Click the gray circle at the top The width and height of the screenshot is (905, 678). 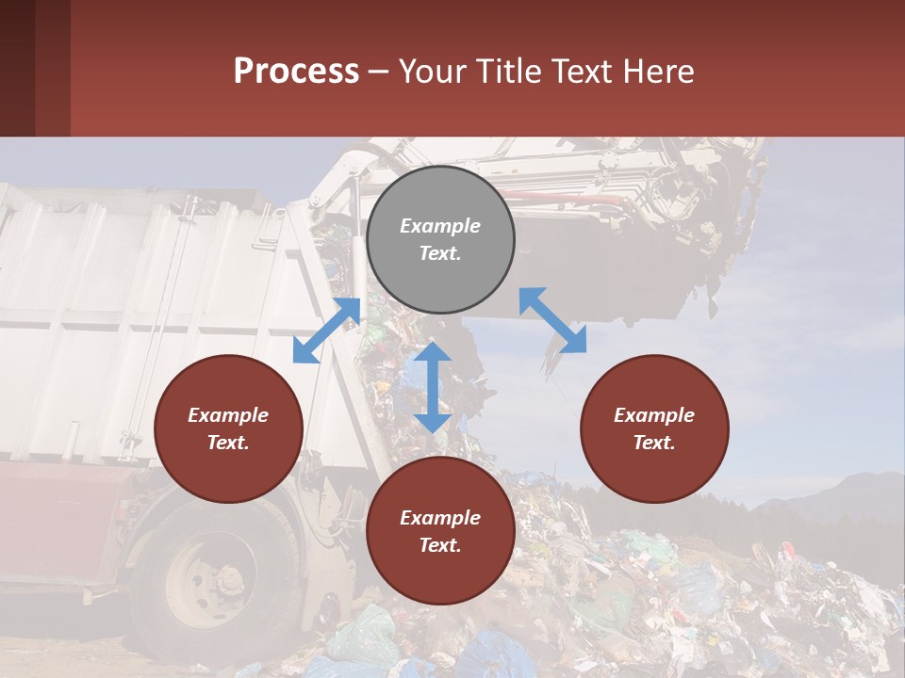440,239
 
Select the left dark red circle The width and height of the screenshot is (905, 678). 228,428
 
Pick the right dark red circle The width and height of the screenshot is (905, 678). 654,428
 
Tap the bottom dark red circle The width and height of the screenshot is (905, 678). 440,531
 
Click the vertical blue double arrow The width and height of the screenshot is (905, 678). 433,387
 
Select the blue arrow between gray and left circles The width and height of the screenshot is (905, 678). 327,330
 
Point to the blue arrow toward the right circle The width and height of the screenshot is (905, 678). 552,320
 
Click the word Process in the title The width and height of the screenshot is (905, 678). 296,71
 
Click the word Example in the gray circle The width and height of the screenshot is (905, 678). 440,226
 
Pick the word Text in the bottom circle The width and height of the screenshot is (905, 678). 439,545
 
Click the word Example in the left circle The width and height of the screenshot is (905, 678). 228,415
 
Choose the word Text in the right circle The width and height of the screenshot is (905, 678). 653,443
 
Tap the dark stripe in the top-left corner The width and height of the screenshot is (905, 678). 18,68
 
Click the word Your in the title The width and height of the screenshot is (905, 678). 434,71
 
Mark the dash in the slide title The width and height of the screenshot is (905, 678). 378,72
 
